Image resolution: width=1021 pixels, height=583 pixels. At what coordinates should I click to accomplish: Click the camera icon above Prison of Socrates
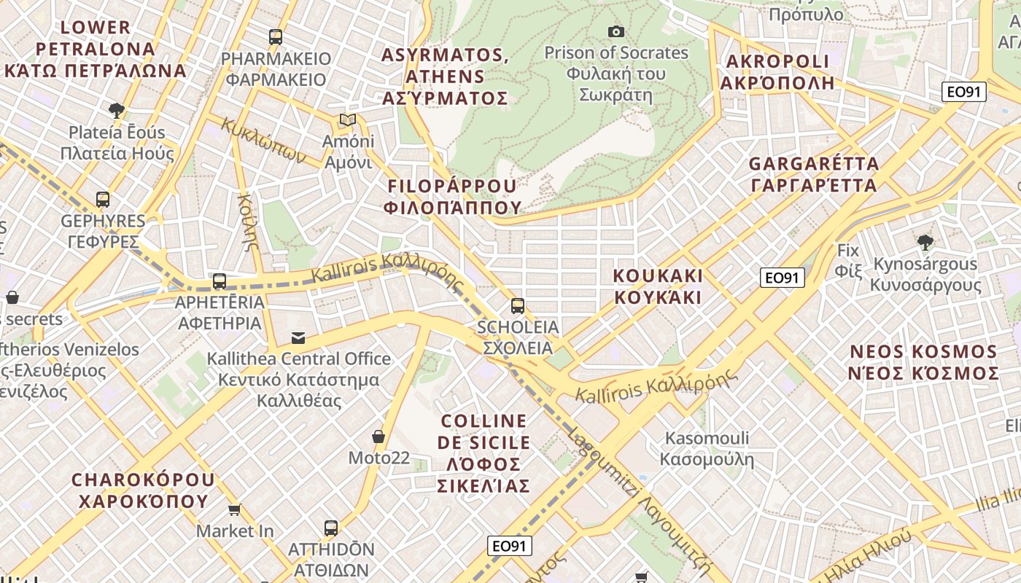pos(616,31)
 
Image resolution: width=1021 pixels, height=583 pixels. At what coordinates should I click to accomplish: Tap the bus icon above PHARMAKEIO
pos(275,36)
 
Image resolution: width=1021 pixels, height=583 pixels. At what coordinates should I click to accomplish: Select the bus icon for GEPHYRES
pos(103,199)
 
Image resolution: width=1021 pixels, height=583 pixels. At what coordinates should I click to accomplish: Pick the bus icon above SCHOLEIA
pos(517,305)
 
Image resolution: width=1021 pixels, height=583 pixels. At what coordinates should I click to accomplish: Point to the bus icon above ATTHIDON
pos(330,528)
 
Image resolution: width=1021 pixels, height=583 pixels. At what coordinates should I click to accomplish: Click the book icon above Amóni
pos(348,120)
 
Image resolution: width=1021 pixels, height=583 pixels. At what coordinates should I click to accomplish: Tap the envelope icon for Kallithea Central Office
pos(298,337)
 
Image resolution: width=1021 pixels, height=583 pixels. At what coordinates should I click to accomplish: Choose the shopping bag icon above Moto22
pos(378,437)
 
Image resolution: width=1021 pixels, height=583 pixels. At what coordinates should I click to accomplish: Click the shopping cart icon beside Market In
pos(234,509)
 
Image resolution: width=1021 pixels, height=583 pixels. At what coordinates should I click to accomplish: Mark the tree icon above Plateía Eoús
pos(116,111)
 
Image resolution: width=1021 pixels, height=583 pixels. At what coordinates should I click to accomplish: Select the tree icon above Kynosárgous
pos(925,242)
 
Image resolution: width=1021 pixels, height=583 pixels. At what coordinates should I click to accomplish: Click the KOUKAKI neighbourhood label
pos(658,286)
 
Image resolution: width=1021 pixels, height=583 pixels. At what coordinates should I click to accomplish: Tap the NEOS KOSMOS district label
pos(924,362)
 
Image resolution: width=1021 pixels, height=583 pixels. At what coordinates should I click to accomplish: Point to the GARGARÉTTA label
pos(813,174)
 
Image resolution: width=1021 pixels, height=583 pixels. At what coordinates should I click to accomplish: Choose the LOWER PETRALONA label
pos(96,49)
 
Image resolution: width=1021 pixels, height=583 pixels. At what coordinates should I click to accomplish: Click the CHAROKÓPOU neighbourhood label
pos(143,490)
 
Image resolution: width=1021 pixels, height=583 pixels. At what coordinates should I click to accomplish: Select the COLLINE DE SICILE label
pos(484,453)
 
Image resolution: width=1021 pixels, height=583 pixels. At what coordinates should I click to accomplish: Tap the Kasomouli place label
pos(707,448)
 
